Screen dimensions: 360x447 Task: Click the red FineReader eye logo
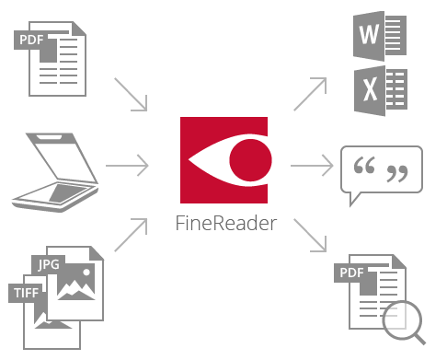[223, 160]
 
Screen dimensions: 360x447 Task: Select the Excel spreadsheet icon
[378, 92]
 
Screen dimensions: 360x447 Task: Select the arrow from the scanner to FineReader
[128, 167]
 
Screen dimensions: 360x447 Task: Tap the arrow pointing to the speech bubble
[312, 167]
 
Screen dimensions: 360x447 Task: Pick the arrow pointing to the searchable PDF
[311, 236]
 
